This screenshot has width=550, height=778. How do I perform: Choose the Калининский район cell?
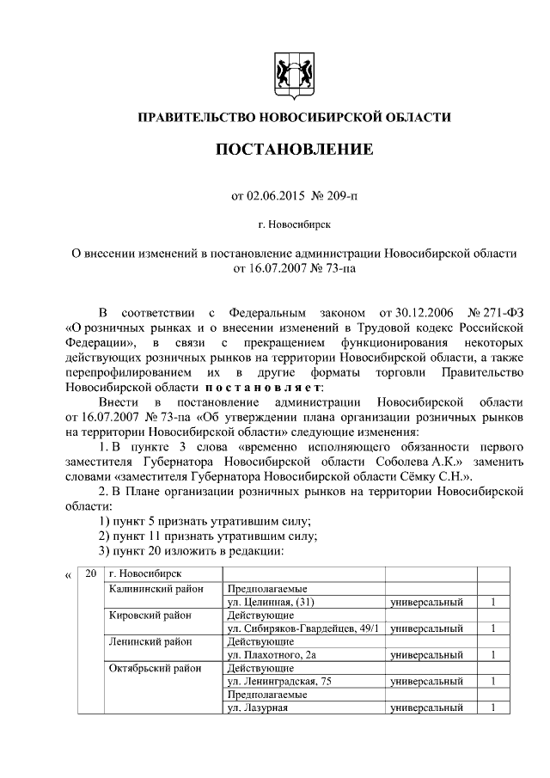(155, 589)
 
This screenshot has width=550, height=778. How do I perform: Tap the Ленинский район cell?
(150, 641)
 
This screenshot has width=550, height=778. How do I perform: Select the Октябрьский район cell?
(156, 668)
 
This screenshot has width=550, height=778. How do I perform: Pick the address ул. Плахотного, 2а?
(269, 655)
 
